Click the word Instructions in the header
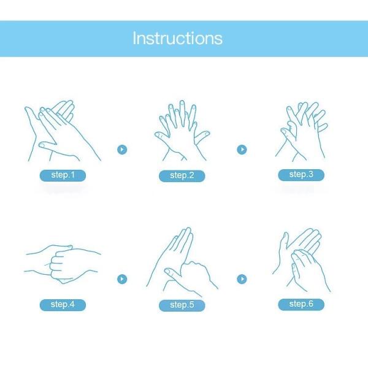point(177,38)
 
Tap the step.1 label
point(63,175)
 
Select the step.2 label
point(182,176)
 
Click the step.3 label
point(301,175)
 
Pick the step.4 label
point(63,305)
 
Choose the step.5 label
point(182,305)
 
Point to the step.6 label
point(301,304)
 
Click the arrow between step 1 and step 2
point(122,150)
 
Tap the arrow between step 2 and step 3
point(242,150)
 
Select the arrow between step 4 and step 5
point(122,279)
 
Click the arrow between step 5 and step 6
point(242,279)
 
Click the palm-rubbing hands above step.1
point(63,131)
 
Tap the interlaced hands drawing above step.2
point(182,131)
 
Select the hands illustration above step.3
point(302,131)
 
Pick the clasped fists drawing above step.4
point(63,264)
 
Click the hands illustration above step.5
point(182,262)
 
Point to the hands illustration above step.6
point(302,261)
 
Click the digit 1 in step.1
point(72,175)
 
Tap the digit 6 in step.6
point(310,304)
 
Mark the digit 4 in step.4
point(72,304)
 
